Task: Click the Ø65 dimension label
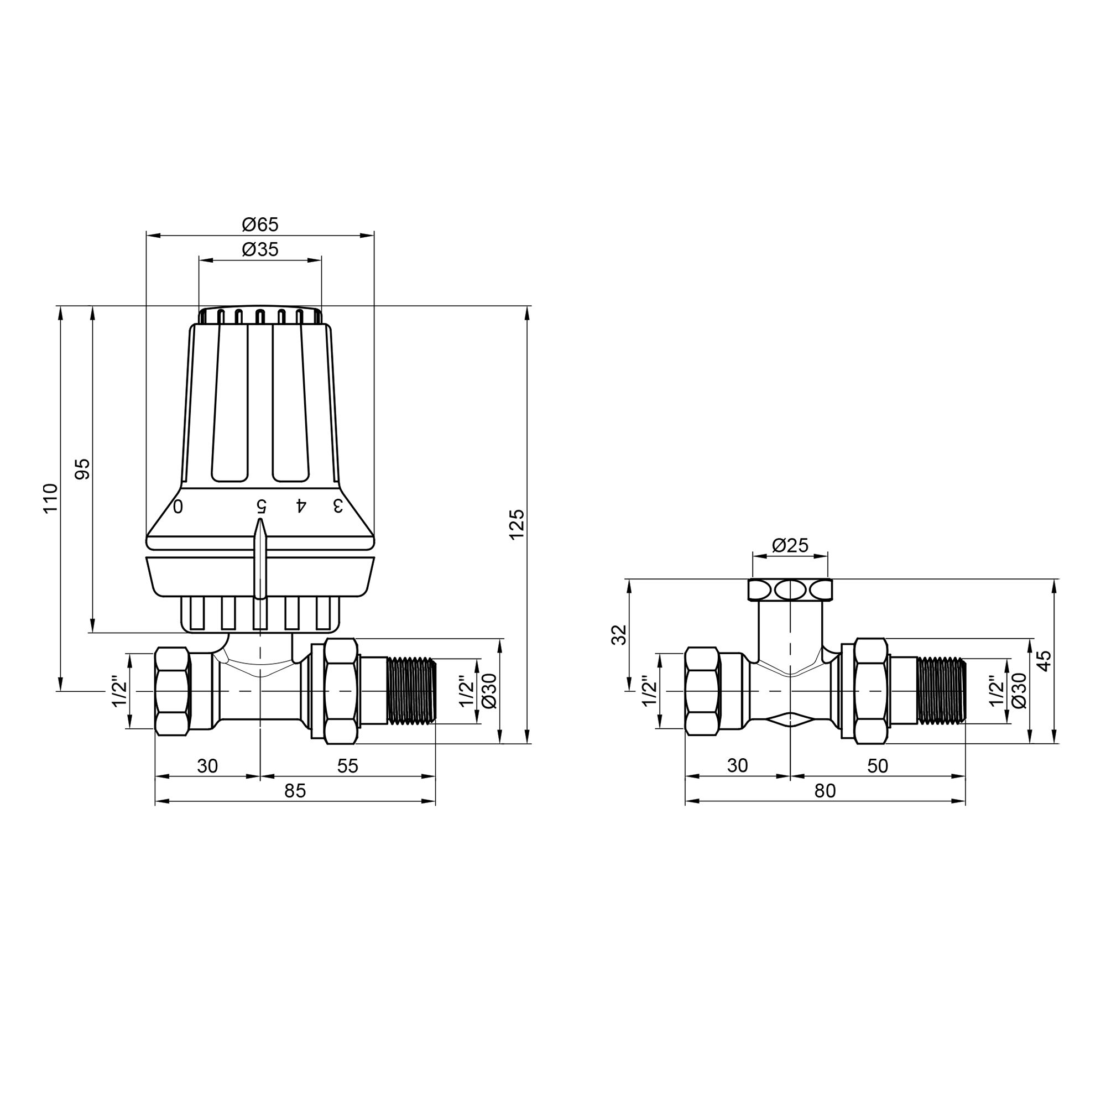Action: click(x=260, y=225)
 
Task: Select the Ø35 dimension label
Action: click(x=260, y=249)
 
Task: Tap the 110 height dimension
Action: click(x=51, y=498)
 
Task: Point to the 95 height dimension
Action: click(x=84, y=469)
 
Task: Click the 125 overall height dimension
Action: click(x=517, y=524)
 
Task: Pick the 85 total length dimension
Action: click(x=295, y=791)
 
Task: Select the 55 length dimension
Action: click(x=347, y=766)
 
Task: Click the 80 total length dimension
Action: click(x=825, y=791)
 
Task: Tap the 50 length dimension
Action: click(x=878, y=766)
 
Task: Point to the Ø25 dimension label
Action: click(x=790, y=546)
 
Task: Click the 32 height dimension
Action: click(x=619, y=635)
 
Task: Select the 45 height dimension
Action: click(x=1045, y=661)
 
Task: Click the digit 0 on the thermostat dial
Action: click(x=178, y=506)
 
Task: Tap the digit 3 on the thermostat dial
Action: click(x=338, y=505)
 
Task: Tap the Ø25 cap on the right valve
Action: click(x=790, y=589)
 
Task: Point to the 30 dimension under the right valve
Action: click(x=737, y=766)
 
